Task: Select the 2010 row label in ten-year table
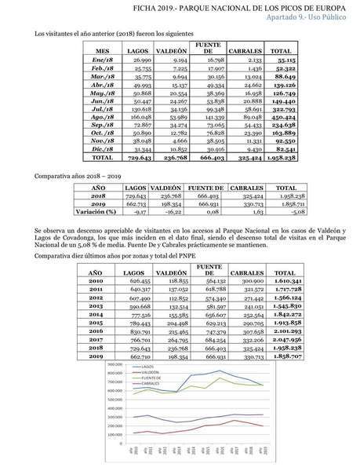(96, 280)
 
